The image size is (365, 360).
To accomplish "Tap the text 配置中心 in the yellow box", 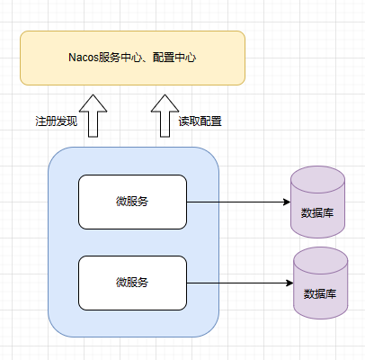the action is (x=174, y=58).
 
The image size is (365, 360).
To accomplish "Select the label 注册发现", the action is (x=57, y=121).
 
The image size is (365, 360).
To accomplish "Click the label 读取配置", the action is (x=200, y=121).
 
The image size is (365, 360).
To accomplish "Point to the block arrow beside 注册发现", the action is (x=93, y=116).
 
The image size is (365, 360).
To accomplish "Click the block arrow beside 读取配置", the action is (x=165, y=116).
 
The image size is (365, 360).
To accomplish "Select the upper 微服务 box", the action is (x=132, y=202).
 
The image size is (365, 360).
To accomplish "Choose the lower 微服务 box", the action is (x=132, y=283).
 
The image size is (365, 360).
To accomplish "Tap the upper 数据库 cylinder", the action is (x=317, y=202).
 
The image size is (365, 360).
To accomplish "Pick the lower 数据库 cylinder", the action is (x=321, y=283).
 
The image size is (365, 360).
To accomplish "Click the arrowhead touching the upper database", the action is (x=287, y=202).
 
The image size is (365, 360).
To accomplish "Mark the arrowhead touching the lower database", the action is (x=289, y=283).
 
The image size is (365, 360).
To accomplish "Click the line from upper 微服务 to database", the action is (x=238, y=202).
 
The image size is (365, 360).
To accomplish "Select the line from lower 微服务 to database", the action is (x=240, y=283).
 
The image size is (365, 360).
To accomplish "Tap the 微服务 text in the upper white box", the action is (x=132, y=202).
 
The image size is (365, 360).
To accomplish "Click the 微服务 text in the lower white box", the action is (x=132, y=283).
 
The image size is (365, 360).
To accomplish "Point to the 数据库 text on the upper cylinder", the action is (x=317, y=213).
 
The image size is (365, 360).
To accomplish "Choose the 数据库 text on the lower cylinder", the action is (x=320, y=294).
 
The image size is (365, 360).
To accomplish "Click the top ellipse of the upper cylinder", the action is (x=317, y=179).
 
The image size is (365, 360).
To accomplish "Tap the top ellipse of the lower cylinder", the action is (x=321, y=260).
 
